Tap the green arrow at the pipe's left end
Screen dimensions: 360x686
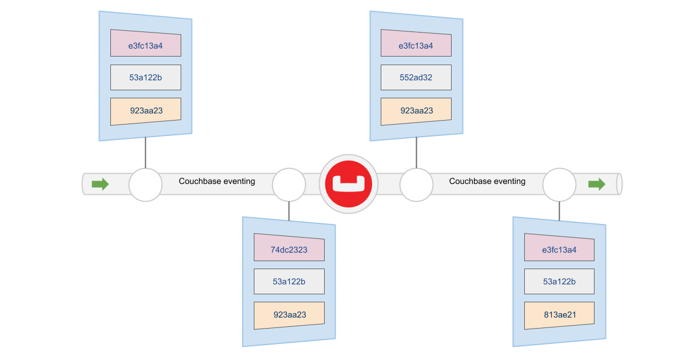100,184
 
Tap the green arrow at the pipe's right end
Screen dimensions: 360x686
597,184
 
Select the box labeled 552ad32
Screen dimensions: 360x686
416,78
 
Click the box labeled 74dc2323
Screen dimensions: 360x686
289,250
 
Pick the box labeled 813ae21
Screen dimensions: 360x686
559,314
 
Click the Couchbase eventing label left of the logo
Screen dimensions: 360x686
217,181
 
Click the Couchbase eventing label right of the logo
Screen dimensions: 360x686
487,181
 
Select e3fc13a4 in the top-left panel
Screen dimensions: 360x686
146,45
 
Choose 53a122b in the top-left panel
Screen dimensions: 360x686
146,78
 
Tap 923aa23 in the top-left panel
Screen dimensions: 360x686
146,111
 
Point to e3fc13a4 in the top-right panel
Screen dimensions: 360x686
416,45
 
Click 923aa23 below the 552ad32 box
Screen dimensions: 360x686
416,111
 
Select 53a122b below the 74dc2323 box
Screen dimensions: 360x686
289,282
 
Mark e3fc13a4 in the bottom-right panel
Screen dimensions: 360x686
559,250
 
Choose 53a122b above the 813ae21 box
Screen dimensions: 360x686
559,282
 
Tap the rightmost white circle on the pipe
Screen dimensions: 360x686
559,184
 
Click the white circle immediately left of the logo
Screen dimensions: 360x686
289,184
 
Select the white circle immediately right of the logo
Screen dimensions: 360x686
416,184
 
